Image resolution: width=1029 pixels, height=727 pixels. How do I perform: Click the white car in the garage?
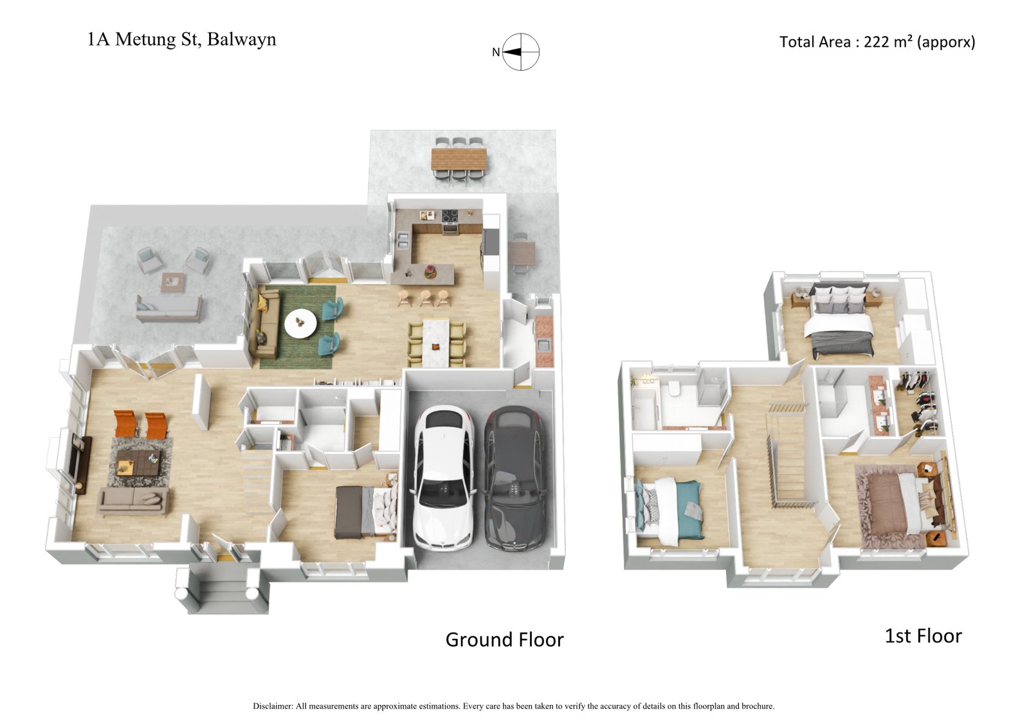pyautogui.click(x=444, y=479)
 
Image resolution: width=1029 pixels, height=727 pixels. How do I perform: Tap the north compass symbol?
pyautogui.click(x=520, y=52)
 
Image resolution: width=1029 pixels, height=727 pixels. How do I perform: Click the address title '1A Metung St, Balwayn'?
pyautogui.click(x=182, y=39)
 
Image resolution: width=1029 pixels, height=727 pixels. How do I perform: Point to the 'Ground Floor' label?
pyautogui.click(x=504, y=640)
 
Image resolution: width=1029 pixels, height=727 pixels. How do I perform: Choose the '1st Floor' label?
pyautogui.click(x=923, y=636)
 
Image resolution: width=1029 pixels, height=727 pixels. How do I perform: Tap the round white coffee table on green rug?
pyautogui.click(x=300, y=323)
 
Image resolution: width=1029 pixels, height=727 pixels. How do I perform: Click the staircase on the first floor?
pyautogui.click(x=788, y=460)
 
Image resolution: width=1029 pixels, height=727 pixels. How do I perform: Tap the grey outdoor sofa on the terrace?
pyautogui.click(x=168, y=308)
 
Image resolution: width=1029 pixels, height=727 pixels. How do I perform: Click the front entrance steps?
pyautogui.click(x=222, y=589)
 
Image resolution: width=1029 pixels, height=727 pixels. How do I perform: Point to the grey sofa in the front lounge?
pyautogui.click(x=132, y=501)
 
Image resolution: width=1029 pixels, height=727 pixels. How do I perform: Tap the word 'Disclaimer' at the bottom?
pyautogui.click(x=273, y=706)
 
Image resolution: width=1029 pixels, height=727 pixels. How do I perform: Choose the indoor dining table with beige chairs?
pyautogui.click(x=437, y=345)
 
